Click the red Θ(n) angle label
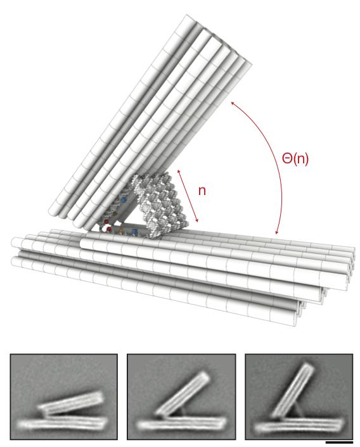pyautogui.click(x=295, y=159)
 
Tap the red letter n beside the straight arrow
pyautogui.click(x=202, y=191)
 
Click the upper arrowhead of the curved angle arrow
pyautogui.click(x=233, y=104)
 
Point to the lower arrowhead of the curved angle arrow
pyautogui.click(x=276, y=232)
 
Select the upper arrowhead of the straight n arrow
pyautogui.click(x=179, y=172)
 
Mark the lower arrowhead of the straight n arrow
pyautogui.click(x=196, y=220)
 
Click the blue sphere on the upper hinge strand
pyautogui.click(x=124, y=200)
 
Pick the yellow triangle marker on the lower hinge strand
pyautogui.click(x=121, y=230)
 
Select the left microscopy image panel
pyautogui.click(x=63, y=396)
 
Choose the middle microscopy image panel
pyautogui.click(x=181, y=396)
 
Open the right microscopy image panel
pyautogui.click(x=299, y=396)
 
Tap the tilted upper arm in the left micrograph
pyautogui.click(x=71, y=402)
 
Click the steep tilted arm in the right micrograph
pyautogui.click(x=292, y=389)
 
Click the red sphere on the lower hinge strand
pyautogui.click(x=108, y=229)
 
